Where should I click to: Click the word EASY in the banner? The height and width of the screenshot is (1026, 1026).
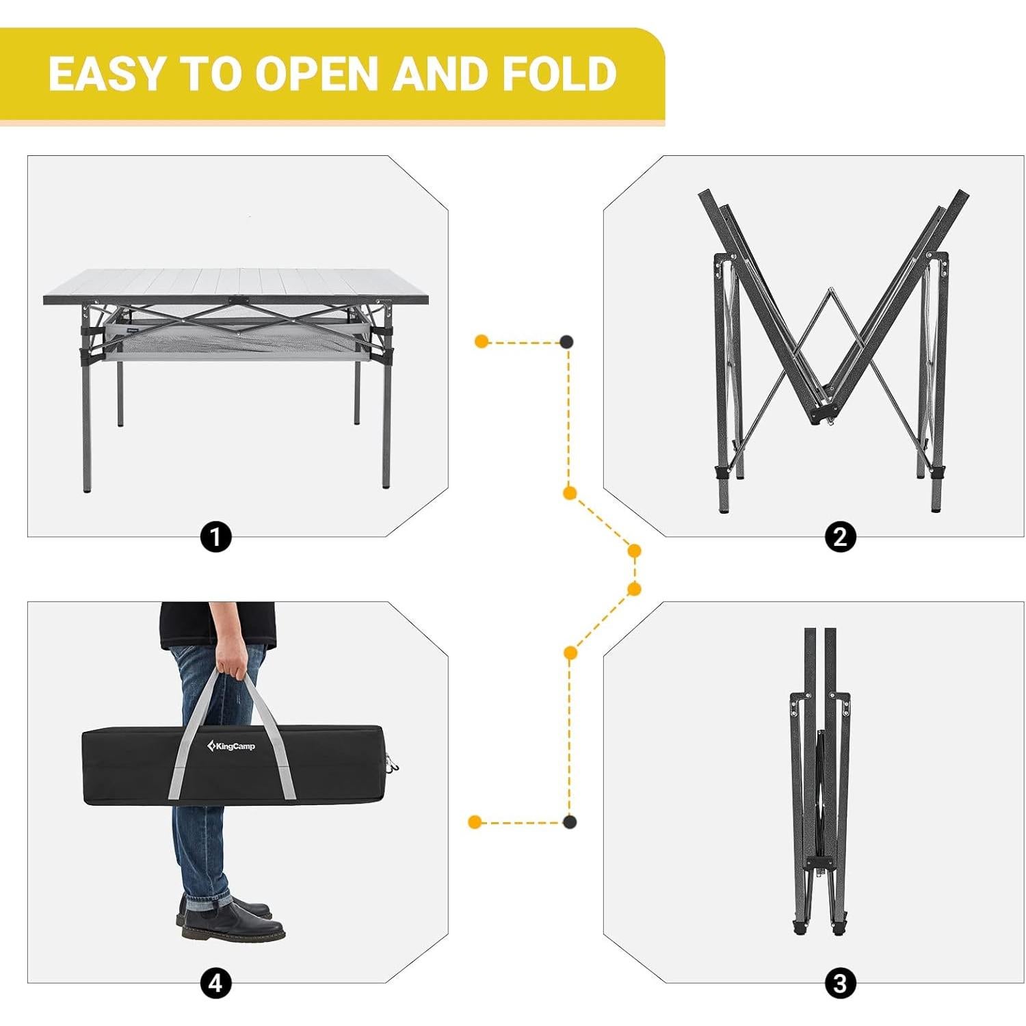pos(107,74)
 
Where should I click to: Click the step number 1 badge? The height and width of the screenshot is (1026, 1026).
pos(215,537)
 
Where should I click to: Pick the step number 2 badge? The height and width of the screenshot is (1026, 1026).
pos(840,537)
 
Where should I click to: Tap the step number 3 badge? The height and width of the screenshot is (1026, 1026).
pos(840,984)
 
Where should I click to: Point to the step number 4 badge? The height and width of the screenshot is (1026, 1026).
pos(215,984)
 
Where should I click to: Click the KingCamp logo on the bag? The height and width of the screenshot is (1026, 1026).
pos(231,746)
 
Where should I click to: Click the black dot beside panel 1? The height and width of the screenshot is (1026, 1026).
pos(566,341)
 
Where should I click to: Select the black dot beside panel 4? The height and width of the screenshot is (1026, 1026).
pos(569,821)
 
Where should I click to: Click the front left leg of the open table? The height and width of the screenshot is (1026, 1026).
pos(86,424)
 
